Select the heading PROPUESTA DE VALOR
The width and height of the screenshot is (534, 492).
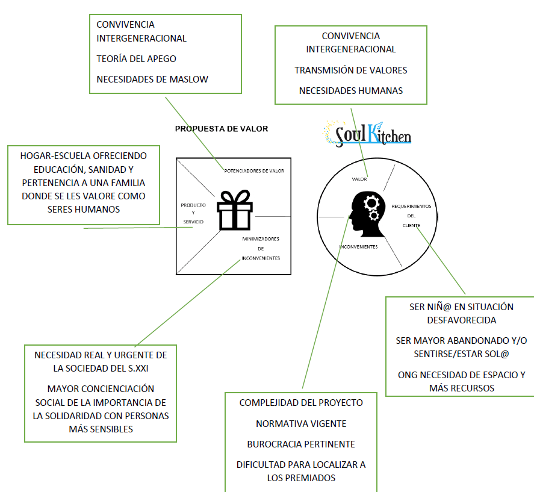[x=221, y=129]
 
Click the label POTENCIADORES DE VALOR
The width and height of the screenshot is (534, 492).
[x=253, y=171]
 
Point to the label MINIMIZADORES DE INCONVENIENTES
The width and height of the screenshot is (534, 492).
[x=261, y=248]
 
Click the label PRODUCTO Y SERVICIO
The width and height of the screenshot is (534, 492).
[x=193, y=214]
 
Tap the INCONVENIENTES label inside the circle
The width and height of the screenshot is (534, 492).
[x=358, y=248]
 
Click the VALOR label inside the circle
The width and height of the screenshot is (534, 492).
[x=359, y=179]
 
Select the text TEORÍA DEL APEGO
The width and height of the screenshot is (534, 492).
[x=136, y=59]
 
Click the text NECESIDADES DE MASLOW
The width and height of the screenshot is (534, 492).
[x=152, y=79]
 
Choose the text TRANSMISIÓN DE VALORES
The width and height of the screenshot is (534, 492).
[x=350, y=70]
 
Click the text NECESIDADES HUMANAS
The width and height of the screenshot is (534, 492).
[x=350, y=91]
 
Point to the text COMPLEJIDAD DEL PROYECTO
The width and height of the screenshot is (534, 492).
[x=301, y=402]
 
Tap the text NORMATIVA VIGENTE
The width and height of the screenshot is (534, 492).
[x=301, y=423]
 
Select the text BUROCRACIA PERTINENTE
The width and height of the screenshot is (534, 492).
[x=301, y=444]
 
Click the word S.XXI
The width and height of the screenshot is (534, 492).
[x=134, y=368]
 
